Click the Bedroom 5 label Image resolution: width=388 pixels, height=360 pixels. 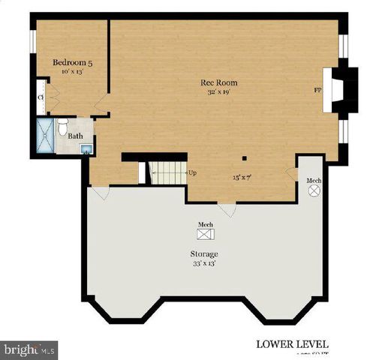coord(72,63)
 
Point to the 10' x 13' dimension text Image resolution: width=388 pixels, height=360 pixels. coord(72,73)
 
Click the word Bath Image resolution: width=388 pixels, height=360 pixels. coord(75,136)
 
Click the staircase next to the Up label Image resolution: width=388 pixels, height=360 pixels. coord(167,172)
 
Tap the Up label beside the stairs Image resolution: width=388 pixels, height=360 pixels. coord(192,172)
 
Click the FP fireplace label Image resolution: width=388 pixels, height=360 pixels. coord(317,90)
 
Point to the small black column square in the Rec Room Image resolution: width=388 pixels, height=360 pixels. coord(243,158)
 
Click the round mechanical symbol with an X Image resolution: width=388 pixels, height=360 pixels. coord(314,191)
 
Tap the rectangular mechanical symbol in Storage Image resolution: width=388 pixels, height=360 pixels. coord(204,235)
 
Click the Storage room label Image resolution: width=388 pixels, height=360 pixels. coord(204,253)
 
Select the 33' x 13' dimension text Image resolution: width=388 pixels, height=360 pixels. coord(204,263)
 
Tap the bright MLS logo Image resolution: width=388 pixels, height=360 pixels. coord(29,349)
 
